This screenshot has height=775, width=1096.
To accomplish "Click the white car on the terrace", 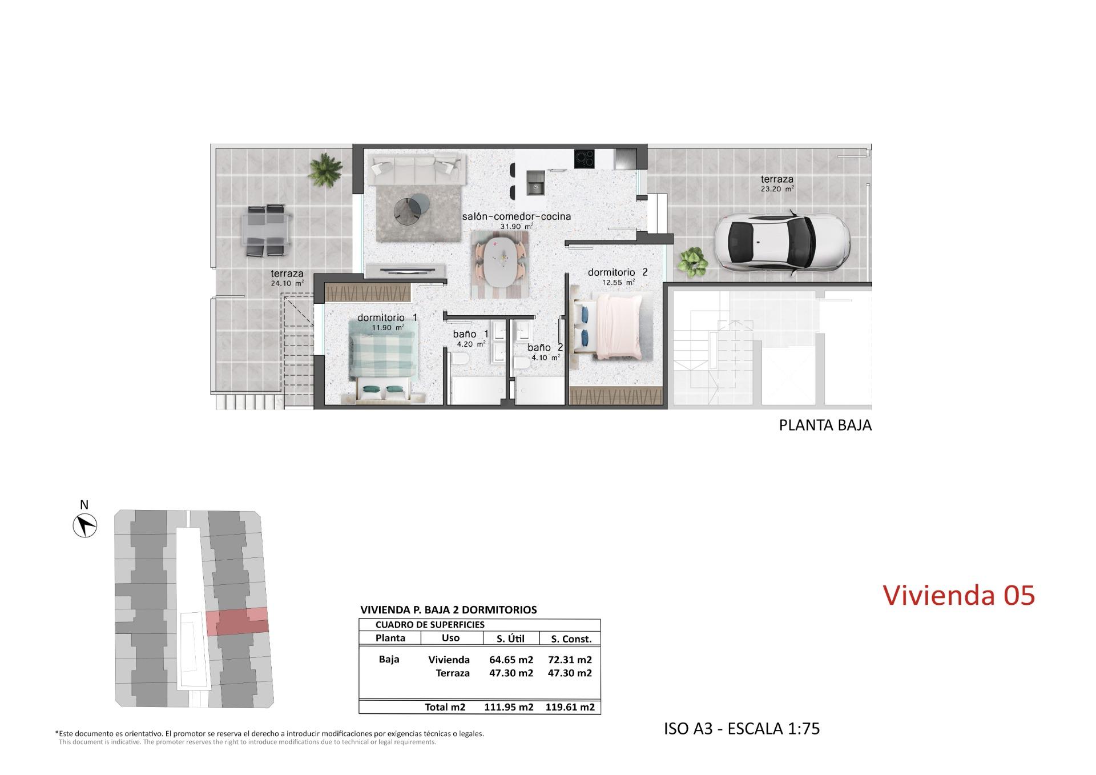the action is tap(783, 241).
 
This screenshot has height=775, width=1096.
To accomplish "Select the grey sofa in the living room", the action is tap(414, 168).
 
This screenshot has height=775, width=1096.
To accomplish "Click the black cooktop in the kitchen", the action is tap(585, 158).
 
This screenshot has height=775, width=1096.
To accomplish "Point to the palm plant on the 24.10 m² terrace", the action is tap(326, 169).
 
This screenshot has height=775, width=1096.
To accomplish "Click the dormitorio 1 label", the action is tap(388, 318).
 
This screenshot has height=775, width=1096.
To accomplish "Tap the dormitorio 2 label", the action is tap(618, 272).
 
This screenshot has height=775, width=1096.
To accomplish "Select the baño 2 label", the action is tap(545, 347).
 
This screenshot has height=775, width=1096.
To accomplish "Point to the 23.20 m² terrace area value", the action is tap(777, 188).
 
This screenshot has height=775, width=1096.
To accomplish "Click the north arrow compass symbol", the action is tap(85, 525).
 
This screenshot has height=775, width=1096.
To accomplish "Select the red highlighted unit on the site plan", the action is tap(237, 622).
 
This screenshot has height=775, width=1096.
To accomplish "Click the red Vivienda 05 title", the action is tap(959, 595).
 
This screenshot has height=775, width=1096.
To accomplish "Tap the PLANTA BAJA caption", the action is tap(825, 425).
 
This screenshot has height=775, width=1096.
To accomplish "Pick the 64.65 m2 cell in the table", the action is tap(511, 660).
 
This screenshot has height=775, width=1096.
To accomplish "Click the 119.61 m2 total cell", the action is tap(570, 707).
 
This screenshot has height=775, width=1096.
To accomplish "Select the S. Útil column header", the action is tap(511, 639).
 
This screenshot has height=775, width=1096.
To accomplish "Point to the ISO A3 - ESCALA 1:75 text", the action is tap(742, 729).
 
